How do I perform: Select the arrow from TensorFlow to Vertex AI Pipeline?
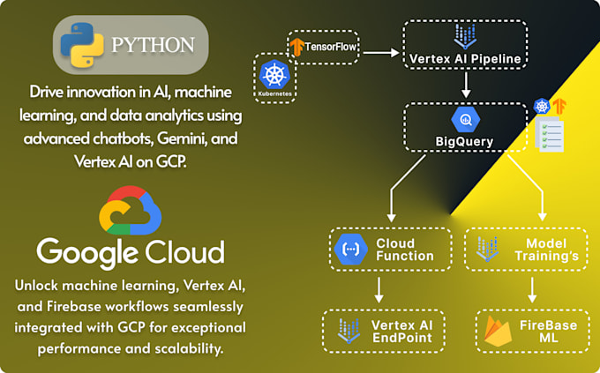pyautogui.click(x=380, y=53)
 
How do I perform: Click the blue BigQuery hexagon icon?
pyautogui.click(x=464, y=119)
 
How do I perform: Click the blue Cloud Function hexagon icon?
pyautogui.click(x=350, y=250)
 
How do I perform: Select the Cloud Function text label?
pyautogui.click(x=405, y=250)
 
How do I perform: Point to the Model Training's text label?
pyautogui.click(x=545, y=250)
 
